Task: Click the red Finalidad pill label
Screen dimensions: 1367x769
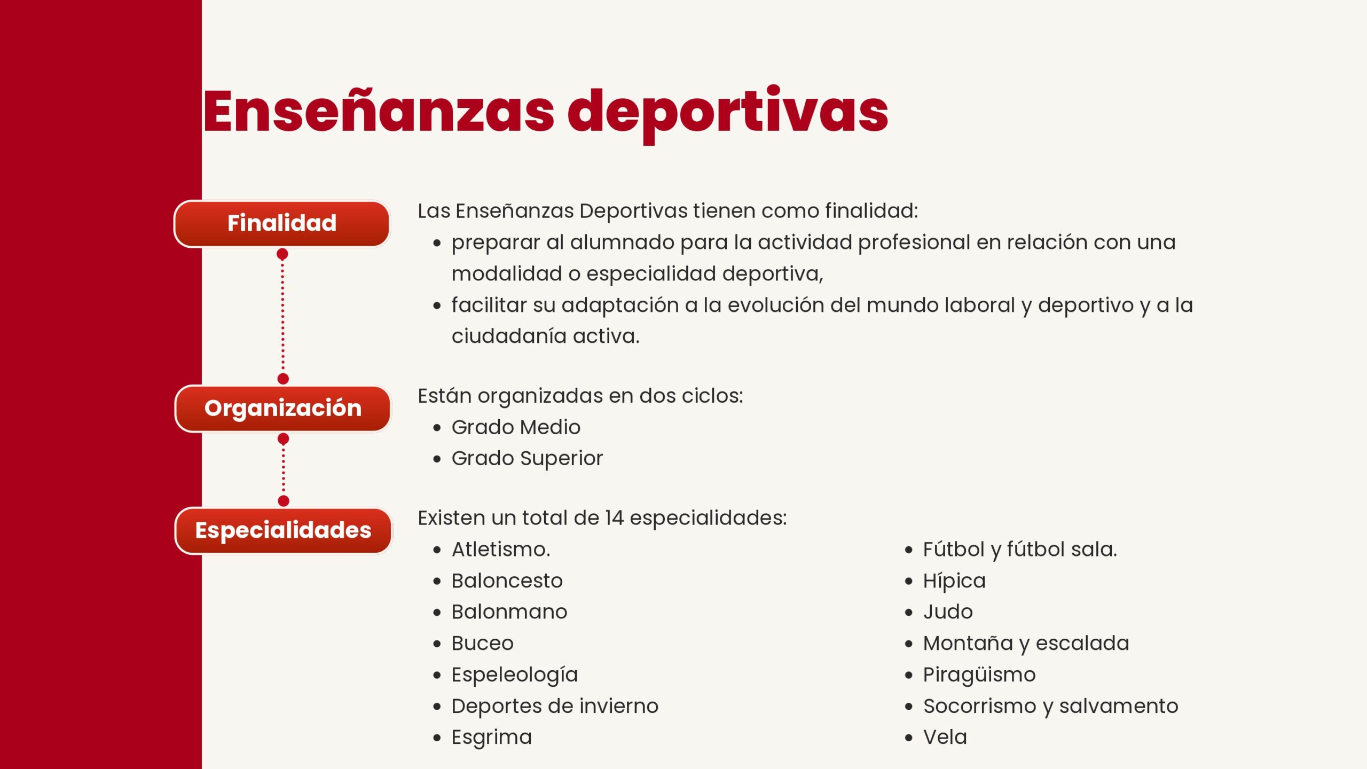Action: (282, 224)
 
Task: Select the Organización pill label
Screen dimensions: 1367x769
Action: (283, 409)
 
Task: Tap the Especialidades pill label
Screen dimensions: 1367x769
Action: (284, 531)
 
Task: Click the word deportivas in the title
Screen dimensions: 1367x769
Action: (728, 113)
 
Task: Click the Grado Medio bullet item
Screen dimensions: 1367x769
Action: (516, 427)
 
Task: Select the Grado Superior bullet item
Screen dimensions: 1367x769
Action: (527, 459)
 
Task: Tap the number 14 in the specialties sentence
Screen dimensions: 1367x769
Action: (614, 518)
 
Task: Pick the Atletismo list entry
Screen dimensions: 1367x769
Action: (501, 550)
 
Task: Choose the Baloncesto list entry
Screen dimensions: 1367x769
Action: (507, 581)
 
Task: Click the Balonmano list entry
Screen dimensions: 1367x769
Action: (509, 612)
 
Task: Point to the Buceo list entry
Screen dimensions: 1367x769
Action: (483, 644)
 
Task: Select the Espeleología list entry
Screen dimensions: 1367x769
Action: (515, 676)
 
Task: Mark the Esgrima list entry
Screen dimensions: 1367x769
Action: (492, 738)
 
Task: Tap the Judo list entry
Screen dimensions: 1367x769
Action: (948, 612)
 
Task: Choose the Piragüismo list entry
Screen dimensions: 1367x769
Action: (979, 676)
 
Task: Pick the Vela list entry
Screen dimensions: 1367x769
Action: (945, 737)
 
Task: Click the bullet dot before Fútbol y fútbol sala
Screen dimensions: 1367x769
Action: (909, 550)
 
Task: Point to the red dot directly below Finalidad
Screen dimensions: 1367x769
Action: (282, 254)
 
